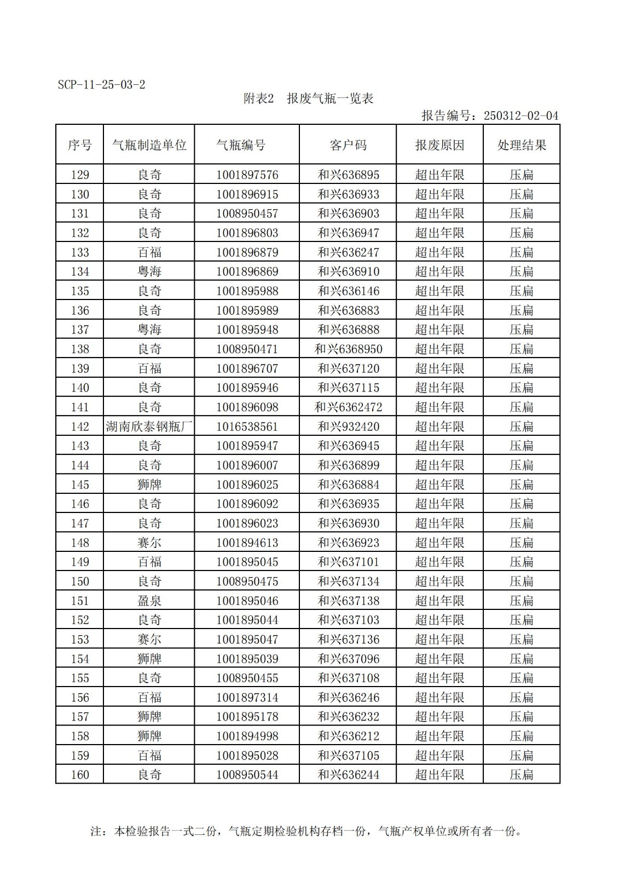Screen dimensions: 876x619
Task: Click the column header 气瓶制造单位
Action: tap(149, 145)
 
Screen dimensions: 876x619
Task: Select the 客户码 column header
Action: tap(348, 145)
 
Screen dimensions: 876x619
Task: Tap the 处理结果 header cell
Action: tap(522, 145)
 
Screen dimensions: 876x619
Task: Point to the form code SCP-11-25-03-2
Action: tap(101, 85)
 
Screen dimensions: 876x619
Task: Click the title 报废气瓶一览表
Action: tap(330, 99)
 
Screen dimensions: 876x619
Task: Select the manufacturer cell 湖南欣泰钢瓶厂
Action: tap(149, 427)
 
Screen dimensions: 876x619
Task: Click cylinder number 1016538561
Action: tap(247, 427)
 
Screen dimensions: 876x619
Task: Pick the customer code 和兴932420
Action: tap(348, 427)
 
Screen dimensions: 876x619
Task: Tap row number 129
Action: tap(80, 175)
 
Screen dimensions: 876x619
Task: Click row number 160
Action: tap(80, 775)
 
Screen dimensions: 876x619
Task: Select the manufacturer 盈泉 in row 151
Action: tap(149, 601)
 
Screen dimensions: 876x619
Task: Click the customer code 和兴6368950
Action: tap(348, 349)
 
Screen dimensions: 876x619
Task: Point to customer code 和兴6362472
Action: tap(348, 407)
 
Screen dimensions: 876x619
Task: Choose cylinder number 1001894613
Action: tap(247, 543)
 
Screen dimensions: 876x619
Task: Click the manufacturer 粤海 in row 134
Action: tap(149, 272)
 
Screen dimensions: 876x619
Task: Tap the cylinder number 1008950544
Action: tap(247, 775)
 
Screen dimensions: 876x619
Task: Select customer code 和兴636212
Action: tap(348, 736)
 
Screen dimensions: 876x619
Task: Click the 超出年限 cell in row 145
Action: tap(439, 485)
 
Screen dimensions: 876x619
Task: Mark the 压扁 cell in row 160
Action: tap(522, 775)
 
